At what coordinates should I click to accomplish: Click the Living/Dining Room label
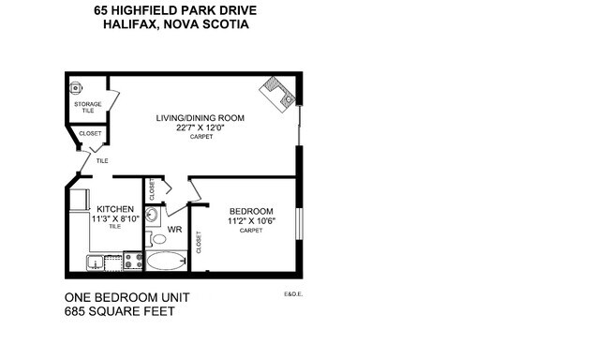(200, 118)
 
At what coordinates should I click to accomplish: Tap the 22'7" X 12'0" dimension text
(201, 127)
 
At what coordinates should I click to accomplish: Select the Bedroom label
(250, 211)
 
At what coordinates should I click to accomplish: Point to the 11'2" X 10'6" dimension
(250, 220)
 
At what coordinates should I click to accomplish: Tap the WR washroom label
(174, 229)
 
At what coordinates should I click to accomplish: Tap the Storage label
(87, 104)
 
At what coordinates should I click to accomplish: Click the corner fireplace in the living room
(279, 92)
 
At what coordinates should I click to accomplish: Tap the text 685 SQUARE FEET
(119, 310)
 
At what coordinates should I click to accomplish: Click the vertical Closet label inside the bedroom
(199, 242)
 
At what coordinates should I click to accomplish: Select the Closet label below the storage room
(90, 133)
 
